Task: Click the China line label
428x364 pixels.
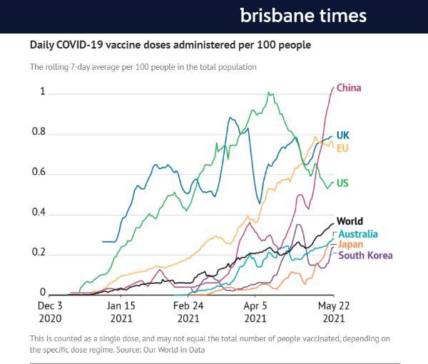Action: tap(349, 89)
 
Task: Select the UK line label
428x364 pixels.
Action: tap(342, 135)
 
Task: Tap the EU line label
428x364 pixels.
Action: tap(342, 148)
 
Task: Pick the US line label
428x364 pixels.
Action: tap(342, 183)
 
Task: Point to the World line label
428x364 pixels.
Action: tap(350, 221)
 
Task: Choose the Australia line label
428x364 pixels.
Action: tap(358, 234)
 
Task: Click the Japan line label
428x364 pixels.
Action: tap(350, 245)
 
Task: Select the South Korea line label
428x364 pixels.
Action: tap(365, 256)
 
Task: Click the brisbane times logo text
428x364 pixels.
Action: tap(302, 16)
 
